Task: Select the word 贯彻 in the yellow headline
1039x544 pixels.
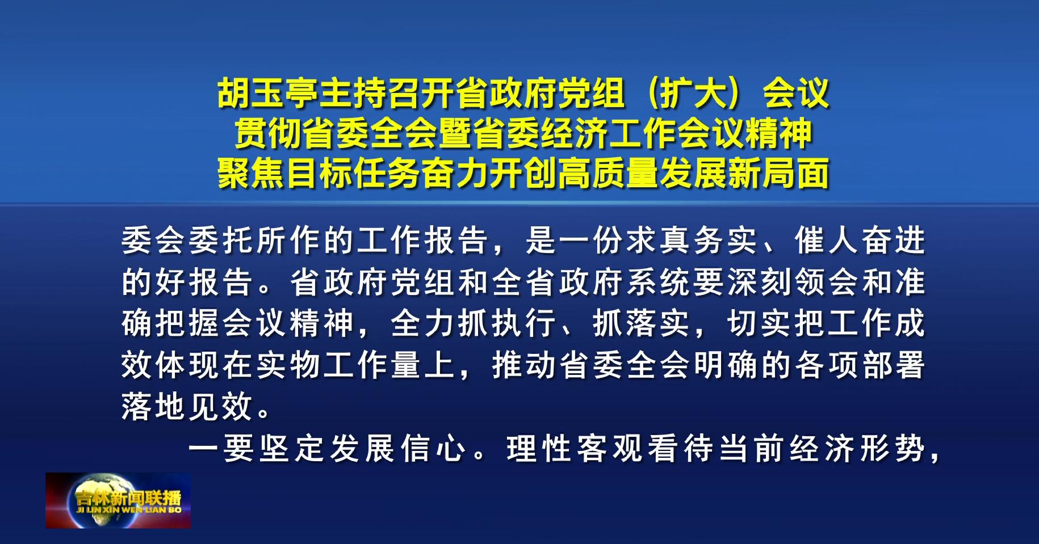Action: (269, 133)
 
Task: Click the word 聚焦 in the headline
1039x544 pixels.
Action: (251, 173)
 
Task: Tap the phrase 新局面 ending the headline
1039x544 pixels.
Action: (779, 173)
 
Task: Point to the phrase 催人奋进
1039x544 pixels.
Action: (860, 241)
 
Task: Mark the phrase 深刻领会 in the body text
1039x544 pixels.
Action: (793, 282)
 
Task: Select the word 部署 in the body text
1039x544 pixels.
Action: (894, 365)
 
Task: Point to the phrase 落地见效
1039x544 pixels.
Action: (187, 406)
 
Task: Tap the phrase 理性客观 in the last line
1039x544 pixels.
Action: (574, 449)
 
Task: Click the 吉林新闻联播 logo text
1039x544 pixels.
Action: (128, 498)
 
